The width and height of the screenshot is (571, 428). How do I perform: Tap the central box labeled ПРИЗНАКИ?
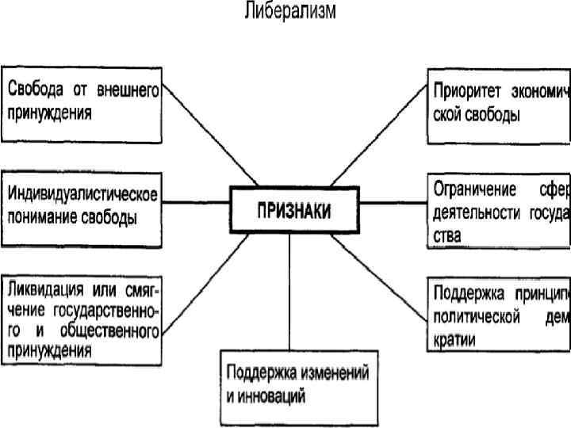(x=293, y=210)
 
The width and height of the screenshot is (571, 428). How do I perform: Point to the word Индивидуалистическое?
(x=83, y=193)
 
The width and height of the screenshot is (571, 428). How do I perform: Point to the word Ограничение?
(x=473, y=190)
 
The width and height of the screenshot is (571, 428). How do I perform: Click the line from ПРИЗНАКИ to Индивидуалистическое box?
(x=194, y=201)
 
